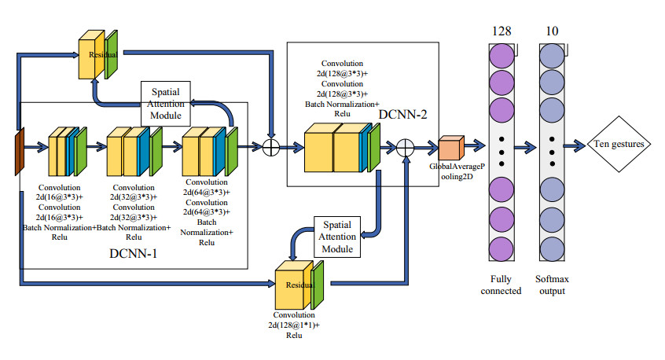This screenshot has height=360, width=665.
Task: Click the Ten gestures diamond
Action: (x=619, y=144)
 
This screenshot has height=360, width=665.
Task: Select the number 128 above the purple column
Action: (x=502, y=31)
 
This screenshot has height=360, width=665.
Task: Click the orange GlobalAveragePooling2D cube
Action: (x=449, y=148)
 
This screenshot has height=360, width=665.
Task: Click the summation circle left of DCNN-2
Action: (x=273, y=146)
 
